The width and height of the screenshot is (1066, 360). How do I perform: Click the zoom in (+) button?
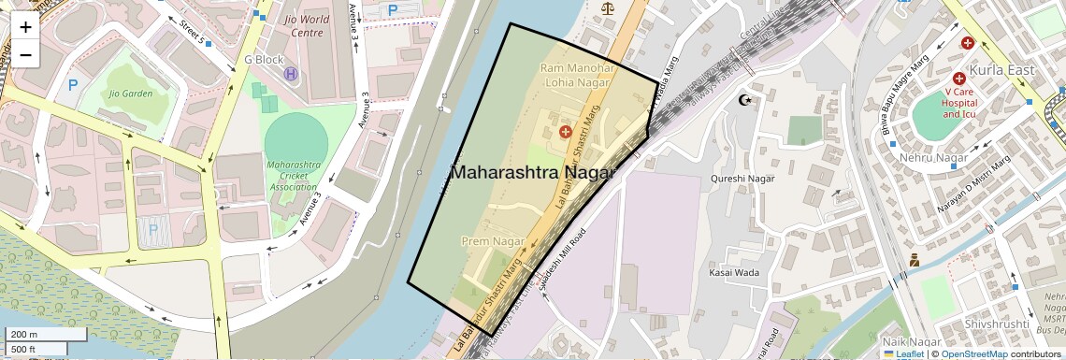pyautogui.click(x=25, y=27)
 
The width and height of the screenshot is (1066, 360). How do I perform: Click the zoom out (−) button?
pyautogui.click(x=25, y=54)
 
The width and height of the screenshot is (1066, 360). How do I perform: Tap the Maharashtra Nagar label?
pyautogui.click(x=533, y=173)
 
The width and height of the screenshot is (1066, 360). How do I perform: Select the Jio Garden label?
pyautogui.click(x=130, y=94)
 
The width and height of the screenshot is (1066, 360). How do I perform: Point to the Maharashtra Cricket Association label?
pyautogui.click(x=293, y=176)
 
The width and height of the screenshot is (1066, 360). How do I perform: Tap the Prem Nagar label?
pyautogui.click(x=493, y=242)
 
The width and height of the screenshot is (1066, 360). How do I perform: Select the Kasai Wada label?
pyautogui.click(x=734, y=272)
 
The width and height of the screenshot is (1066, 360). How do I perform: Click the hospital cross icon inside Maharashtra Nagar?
pyautogui.click(x=565, y=133)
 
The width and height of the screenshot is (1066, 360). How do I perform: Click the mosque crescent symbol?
pyautogui.click(x=745, y=100)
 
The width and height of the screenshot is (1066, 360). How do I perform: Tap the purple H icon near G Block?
pyautogui.click(x=291, y=73)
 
